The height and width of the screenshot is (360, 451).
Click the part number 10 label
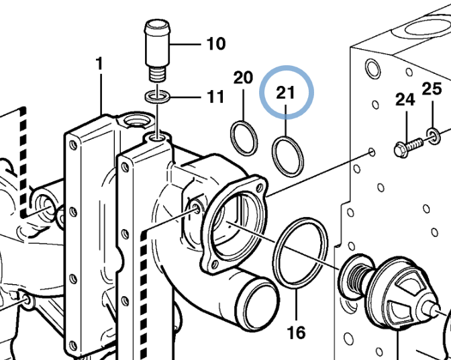216,44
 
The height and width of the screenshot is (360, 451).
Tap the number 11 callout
215,97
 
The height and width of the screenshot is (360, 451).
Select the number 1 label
99,64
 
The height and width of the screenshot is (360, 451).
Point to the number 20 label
243,77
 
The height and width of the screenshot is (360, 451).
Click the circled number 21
286,93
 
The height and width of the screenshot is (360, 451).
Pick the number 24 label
405,99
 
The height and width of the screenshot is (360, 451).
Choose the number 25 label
432,89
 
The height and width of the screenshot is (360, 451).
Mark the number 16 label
296,332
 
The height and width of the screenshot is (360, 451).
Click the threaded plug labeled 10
157,50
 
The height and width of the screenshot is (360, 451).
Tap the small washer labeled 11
157,97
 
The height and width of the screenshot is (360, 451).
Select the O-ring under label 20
244,138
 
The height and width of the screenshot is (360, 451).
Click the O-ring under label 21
288,157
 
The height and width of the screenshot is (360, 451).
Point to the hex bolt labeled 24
409,147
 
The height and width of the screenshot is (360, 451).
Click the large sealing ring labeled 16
300,253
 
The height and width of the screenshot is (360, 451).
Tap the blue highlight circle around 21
287,66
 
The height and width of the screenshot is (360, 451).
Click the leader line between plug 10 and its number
185,44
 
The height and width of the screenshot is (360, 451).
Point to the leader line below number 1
101,95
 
